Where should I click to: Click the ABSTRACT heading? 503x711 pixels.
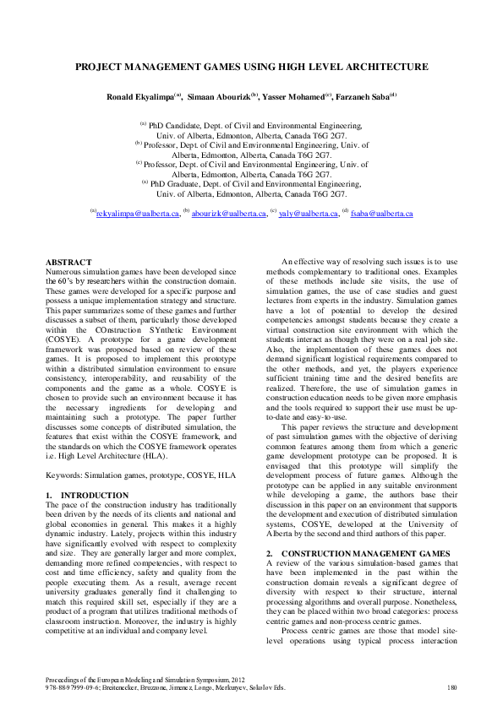65,263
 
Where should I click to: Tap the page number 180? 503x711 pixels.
451,689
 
